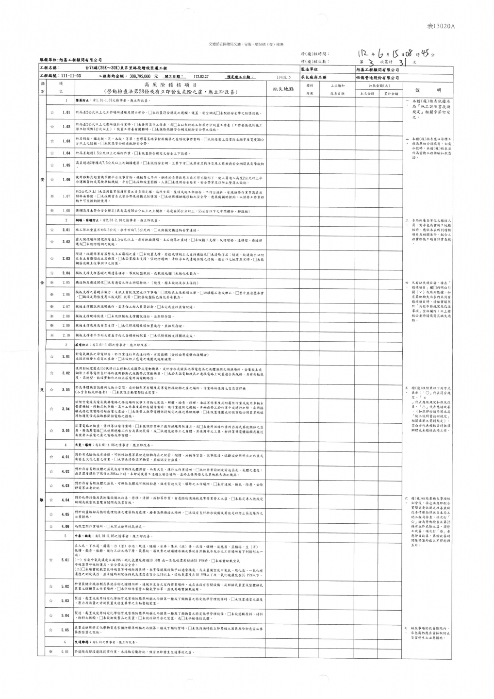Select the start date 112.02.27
200,77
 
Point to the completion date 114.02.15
282,77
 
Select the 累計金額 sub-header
391,94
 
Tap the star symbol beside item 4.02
51,471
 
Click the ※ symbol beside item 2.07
51,307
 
